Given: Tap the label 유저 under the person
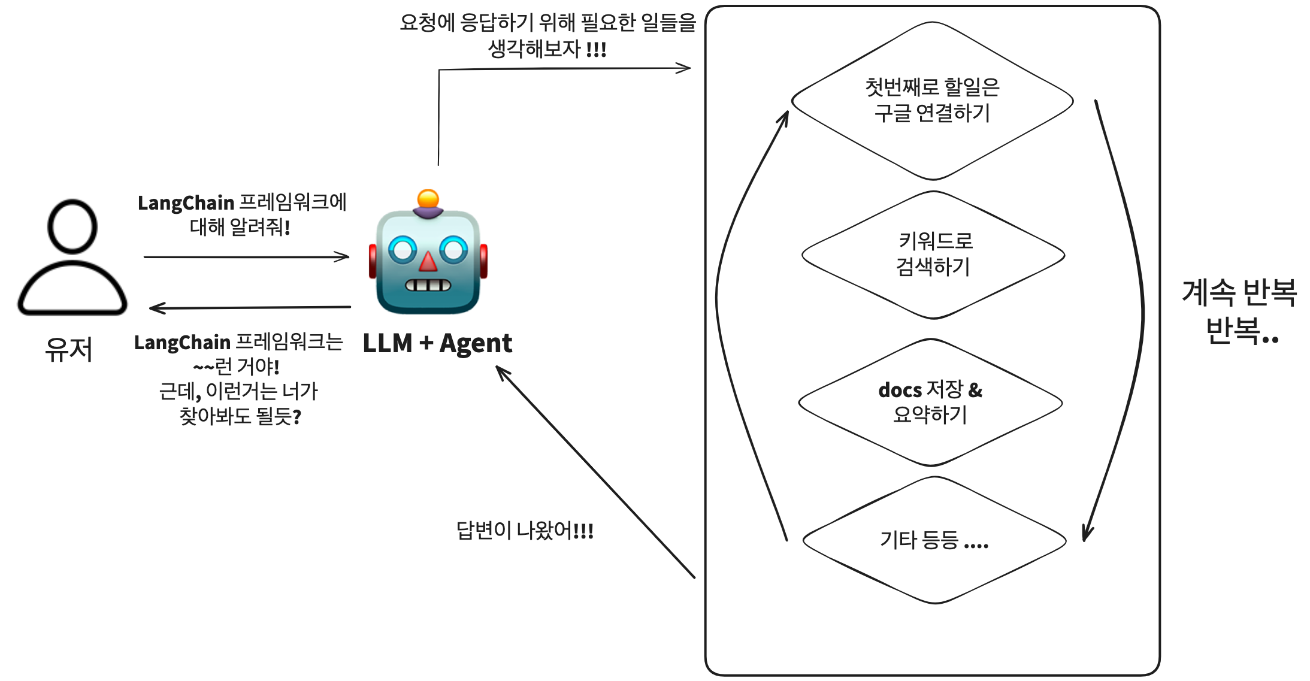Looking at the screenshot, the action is pyautogui.click(x=69, y=349).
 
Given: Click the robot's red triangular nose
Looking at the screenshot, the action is pyautogui.click(x=428, y=262).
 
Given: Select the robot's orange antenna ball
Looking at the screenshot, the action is pyautogui.click(x=428, y=199).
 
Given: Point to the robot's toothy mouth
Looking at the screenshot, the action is pyautogui.click(x=428, y=285).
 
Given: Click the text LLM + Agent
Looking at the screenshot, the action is pyautogui.click(x=437, y=343).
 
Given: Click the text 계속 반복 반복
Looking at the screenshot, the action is pyautogui.click(x=1239, y=311).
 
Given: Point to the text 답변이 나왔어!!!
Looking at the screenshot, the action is pyautogui.click(x=525, y=531).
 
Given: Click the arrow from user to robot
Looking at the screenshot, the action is pyautogui.click(x=246, y=257).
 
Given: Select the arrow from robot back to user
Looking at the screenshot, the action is pyautogui.click(x=250, y=308).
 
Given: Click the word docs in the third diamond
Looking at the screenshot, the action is pyautogui.click(x=900, y=391).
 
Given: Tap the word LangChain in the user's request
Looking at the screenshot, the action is pyautogui.click(x=186, y=203).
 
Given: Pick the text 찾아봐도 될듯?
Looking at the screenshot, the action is pyautogui.click(x=240, y=416).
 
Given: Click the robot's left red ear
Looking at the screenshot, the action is pyautogui.click(x=373, y=261).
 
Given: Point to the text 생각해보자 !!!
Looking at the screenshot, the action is pyautogui.click(x=547, y=49).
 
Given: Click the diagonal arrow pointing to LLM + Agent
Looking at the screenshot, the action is pyautogui.click(x=595, y=472).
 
